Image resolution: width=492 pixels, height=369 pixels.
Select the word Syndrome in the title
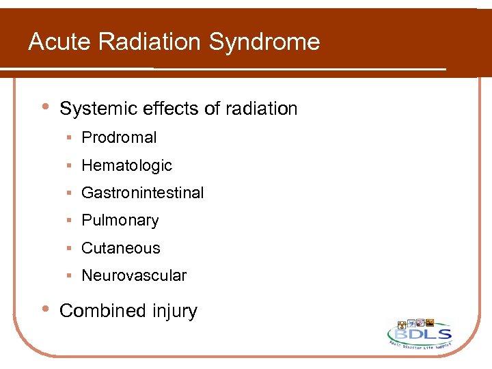(x=264, y=42)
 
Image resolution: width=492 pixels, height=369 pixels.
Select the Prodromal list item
(x=119, y=137)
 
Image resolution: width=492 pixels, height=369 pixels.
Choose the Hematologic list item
(x=126, y=165)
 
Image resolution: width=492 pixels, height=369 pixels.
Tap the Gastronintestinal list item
(x=142, y=193)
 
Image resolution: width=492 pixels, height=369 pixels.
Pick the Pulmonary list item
(x=120, y=221)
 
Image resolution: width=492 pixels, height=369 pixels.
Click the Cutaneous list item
(x=120, y=248)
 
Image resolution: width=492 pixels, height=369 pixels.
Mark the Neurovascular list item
(x=133, y=276)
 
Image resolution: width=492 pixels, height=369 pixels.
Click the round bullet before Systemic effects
(x=44, y=107)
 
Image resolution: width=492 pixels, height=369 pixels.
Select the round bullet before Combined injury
(x=44, y=310)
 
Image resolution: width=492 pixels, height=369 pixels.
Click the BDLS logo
(x=420, y=335)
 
